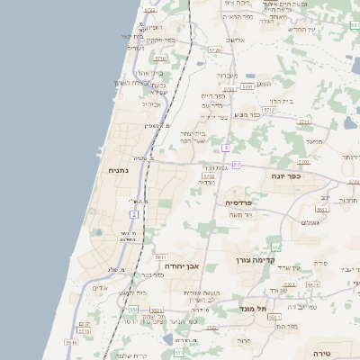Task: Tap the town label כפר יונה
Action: pyautogui.click(x=287, y=176)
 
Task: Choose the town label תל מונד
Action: pyautogui.click(x=257, y=309)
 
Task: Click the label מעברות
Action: pyautogui.click(x=228, y=75)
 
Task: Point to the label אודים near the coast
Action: pyautogui.click(x=100, y=288)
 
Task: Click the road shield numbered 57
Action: pyautogui.click(x=236, y=165)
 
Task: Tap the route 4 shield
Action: pyautogui.click(x=226, y=148)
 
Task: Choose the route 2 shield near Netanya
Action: pyautogui.click(x=134, y=215)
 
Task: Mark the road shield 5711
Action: pyautogui.click(x=304, y=120)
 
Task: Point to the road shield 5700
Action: pyautogui.click(x=302, y=162)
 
